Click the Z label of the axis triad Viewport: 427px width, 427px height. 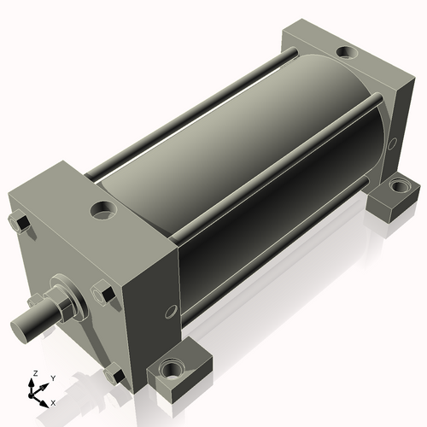pos(35,373)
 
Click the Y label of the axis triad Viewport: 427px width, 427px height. pos(53,378)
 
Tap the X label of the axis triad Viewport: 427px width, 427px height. pos(53,403)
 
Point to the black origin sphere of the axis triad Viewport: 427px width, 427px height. pos(31,395)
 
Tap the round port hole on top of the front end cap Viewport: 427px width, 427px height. pos(103,210)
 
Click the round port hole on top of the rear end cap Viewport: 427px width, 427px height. pos(347,52)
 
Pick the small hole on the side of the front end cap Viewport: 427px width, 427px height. pos(170,311)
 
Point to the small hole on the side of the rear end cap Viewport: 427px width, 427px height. pos(392,144)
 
